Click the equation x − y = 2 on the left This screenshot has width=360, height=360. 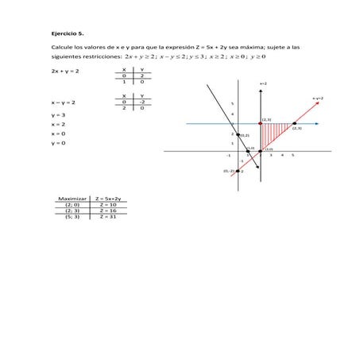click(x=63, y=103)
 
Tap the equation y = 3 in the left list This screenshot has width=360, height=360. click(x=57, y=115)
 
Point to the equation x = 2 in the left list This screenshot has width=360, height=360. click(x=57, y=125)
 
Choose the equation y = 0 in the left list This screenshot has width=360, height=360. click(x=57, y=144)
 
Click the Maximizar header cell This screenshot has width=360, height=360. click(x=72, y=198)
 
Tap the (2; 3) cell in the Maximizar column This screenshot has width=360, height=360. click(x=72, y=210)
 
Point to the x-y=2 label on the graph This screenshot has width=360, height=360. click(x=316, y=98)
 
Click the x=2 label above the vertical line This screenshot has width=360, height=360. click(x=263, y=83)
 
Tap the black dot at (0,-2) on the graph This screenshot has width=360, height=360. click(x=235, y=170)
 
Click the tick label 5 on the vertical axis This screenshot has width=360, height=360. click(x=232, y=104)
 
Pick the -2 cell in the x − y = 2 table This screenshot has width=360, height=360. click(x=141, y=102)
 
